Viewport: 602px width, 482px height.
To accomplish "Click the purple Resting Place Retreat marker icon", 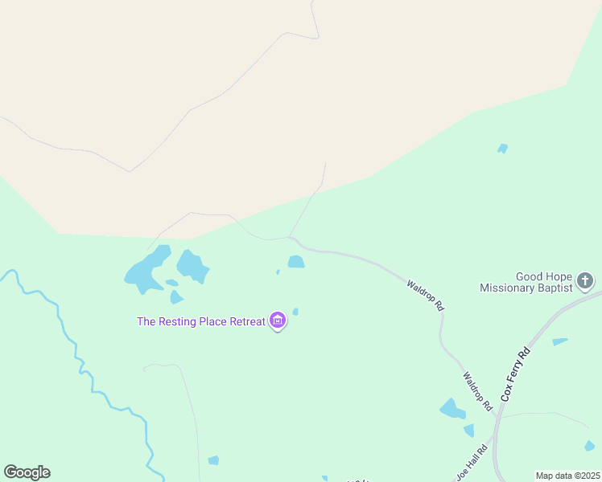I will coord(278,321).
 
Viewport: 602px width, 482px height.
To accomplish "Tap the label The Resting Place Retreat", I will coord(201,321).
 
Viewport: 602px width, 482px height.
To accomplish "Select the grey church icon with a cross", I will coord(585,281).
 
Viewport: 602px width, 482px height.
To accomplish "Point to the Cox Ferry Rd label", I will coord(516,374).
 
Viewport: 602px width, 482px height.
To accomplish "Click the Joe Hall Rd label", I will coord(472,463).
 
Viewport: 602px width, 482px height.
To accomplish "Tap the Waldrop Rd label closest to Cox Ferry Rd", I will coord(477,391).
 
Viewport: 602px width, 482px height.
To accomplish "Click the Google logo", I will coord(27,472).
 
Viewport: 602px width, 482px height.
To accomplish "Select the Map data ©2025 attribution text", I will coord(567,476).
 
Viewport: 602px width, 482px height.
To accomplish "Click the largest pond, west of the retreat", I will coord(146,270).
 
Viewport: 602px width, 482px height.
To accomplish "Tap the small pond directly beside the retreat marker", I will coord(295,312).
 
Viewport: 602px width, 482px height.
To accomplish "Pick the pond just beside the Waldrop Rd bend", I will coord(296,262).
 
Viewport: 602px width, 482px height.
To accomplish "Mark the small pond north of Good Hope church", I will coord(502,149).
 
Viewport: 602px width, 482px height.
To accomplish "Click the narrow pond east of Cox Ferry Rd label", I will coord(559,342).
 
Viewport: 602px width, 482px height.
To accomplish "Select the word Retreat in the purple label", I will coord(247,321).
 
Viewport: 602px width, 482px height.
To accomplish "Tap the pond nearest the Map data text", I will coord(589,446).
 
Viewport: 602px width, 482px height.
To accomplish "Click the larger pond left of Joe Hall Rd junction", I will coord(451,410).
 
